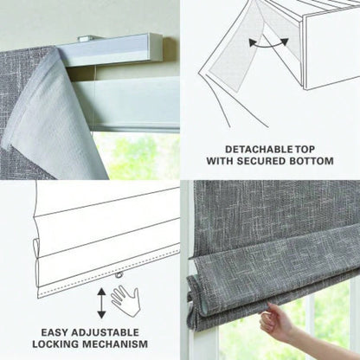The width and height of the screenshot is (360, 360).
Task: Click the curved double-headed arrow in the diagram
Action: click(269, 42)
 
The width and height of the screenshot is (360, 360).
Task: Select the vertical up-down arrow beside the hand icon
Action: click(101, 302)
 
